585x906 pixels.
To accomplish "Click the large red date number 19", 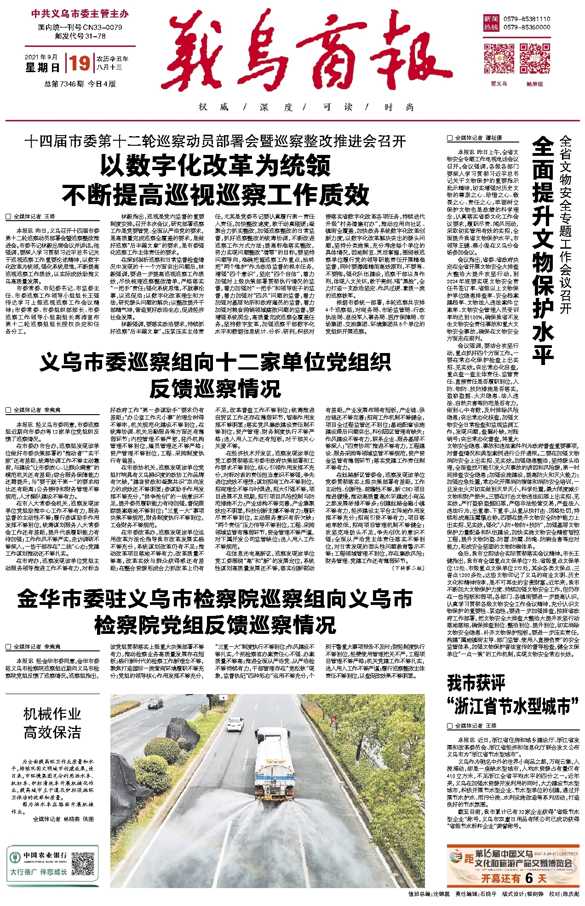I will [x=80, y=63].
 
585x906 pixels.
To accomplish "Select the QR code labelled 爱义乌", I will [x=499, y=58].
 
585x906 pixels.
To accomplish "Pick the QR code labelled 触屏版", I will [x=534, y=58].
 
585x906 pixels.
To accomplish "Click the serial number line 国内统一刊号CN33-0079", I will [x=80, y=28].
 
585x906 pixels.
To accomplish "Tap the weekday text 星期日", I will [x=42, y=68].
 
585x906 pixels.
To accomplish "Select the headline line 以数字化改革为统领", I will [x=215, y=165].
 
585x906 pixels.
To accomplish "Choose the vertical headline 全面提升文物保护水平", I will [x=543, y=251].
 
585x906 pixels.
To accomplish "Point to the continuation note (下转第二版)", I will [x=408, y=568].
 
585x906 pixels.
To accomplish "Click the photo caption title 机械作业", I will [x=52, y=714].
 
